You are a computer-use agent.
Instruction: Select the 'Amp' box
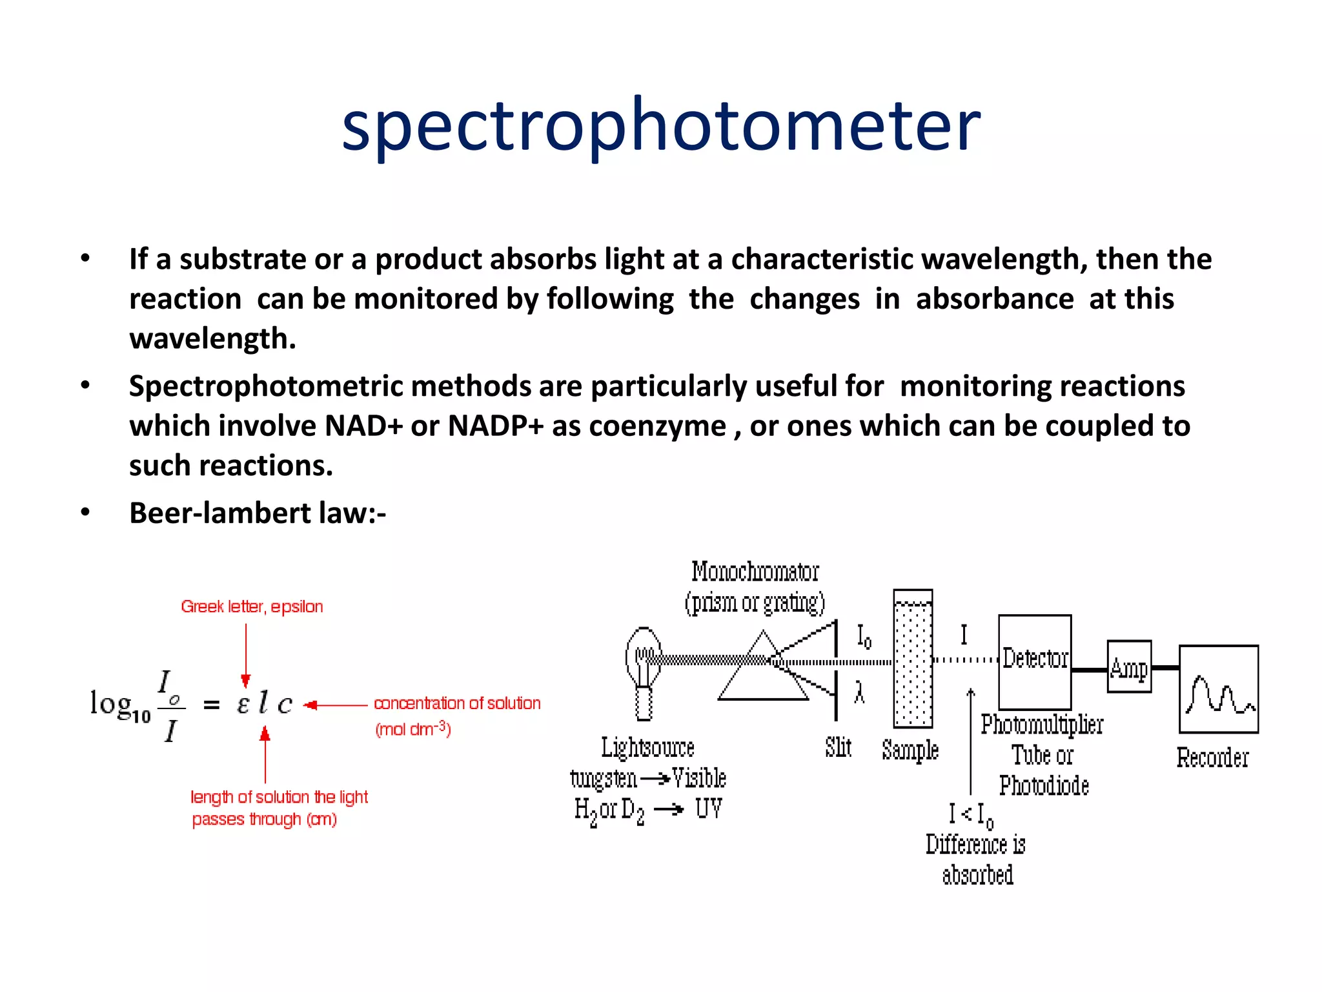1129,666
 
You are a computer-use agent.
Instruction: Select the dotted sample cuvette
912,659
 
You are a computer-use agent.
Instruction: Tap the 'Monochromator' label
755,572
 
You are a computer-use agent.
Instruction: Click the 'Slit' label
838,747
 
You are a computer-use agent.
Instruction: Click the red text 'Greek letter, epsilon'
252,606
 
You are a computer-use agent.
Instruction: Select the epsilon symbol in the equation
243,703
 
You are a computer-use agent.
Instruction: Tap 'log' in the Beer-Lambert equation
111,703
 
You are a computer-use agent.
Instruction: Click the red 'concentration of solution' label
457,703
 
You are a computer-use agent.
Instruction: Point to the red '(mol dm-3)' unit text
413,729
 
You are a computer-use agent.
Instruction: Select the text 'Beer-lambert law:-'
257,513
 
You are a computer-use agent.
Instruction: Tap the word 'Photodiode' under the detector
1044,786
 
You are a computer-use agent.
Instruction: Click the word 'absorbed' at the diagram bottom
977,875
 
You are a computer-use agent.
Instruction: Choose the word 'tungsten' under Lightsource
603,779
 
